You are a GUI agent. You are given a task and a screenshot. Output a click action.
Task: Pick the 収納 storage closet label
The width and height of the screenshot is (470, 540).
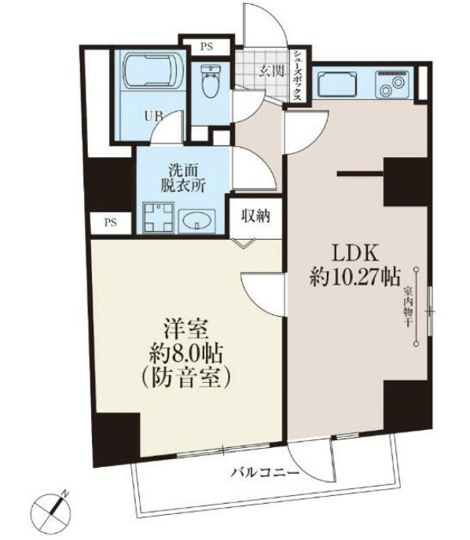(x=256, y=215)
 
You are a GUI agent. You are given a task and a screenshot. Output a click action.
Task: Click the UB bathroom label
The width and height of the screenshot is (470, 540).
(x=152, y=116)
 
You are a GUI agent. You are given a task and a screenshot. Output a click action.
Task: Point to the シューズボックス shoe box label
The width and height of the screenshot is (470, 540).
(x=299, y=73)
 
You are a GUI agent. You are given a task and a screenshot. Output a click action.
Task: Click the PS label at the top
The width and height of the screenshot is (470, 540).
(x=206, y=46)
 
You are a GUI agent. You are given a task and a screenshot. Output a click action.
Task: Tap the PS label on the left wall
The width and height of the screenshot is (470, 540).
(x=107, y=222)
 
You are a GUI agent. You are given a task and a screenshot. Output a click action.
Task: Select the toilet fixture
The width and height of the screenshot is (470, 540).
(x=210, y=83)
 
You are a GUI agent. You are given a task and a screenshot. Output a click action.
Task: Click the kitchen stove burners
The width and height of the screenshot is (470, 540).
(x=390, y=83)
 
